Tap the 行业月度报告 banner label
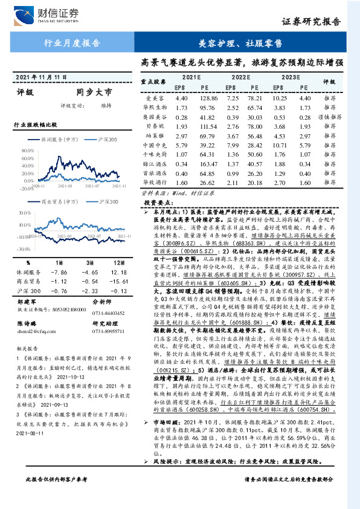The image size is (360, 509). [73, 43]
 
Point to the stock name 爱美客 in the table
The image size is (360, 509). [155, 97]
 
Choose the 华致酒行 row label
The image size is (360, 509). [153, 183]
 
